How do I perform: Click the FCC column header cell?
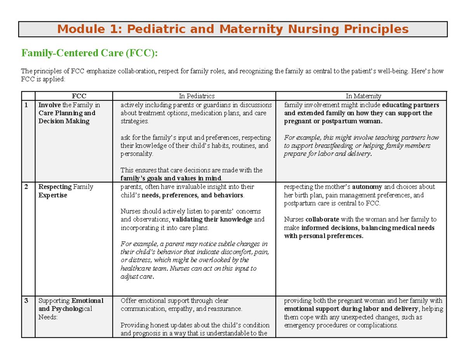point(73,96)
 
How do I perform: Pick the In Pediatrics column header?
point(194,96)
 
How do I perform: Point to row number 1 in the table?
point(26,105)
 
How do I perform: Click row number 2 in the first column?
point(26,187)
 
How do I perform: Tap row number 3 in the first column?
point(26,301)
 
